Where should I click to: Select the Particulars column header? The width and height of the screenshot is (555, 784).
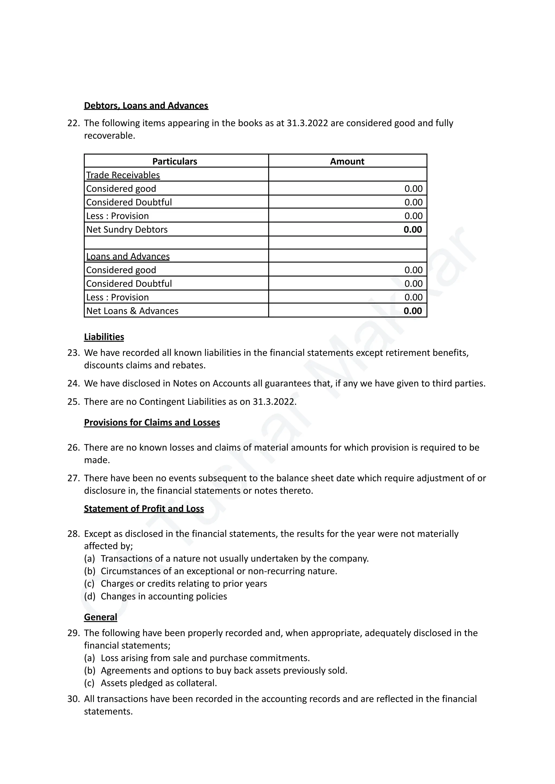tap(175, 161)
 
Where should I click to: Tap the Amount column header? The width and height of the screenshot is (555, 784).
tap(347, 161)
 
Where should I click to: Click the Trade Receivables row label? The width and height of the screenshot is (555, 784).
tap(123, 175)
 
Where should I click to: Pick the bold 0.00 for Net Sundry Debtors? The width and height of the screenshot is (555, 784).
tap(412, 229)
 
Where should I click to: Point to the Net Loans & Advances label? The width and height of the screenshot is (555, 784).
tap(132, 311)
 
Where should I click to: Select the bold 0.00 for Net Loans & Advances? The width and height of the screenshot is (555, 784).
tap(412, 311)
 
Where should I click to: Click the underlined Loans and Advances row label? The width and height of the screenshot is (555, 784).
tap(128, 256)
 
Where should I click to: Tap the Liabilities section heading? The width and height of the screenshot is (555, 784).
tap(104, 337)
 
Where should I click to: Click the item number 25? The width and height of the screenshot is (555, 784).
tap(73, 402)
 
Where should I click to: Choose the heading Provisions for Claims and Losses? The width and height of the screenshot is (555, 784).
tap(152, 422)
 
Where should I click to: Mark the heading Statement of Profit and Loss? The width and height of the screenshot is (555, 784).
tap(144, 509)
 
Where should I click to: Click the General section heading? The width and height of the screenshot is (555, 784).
tap(101, 617)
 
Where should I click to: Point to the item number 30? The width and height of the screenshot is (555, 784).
tap(73, 699)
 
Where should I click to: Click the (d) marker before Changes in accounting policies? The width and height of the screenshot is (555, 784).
tap(89, 596)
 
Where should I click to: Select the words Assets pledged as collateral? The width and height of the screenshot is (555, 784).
tap(159, 683)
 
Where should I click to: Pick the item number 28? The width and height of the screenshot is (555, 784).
tap(73, 534)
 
